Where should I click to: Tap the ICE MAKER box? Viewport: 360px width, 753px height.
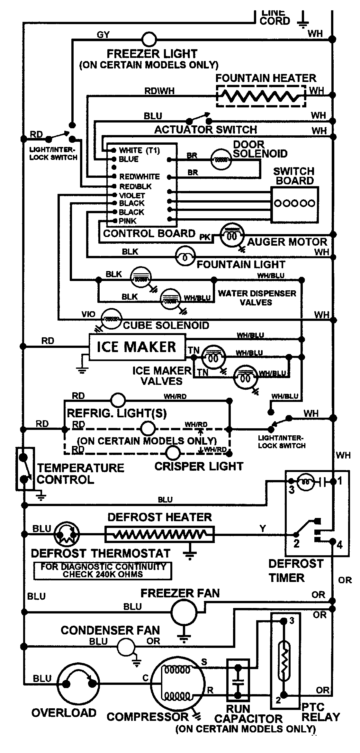pyautogui.click(x=137, y=347)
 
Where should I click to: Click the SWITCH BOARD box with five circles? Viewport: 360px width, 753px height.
pyautogui.click(x=294, y=205)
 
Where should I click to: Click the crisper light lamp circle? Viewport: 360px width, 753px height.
pyautogui.click(x=173, y=453)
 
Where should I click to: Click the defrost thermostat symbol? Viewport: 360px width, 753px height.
pyautogui.click(x=66, y=534)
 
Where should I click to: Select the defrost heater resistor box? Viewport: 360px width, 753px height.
pyautogui.click(x=159, y=534)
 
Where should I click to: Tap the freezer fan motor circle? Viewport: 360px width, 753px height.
pyautogui.click(x=184, y=612)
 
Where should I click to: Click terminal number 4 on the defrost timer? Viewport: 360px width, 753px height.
pyautogui.click(x=339, y=545)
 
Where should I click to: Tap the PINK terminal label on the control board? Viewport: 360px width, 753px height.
pyautogui.click(x=127, y=221)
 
